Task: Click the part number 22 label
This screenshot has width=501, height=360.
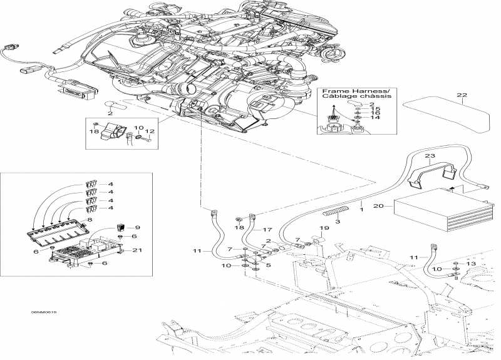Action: [462, 96]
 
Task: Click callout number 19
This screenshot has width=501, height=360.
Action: [324, 227]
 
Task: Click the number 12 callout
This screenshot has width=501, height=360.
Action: [149, 131]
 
